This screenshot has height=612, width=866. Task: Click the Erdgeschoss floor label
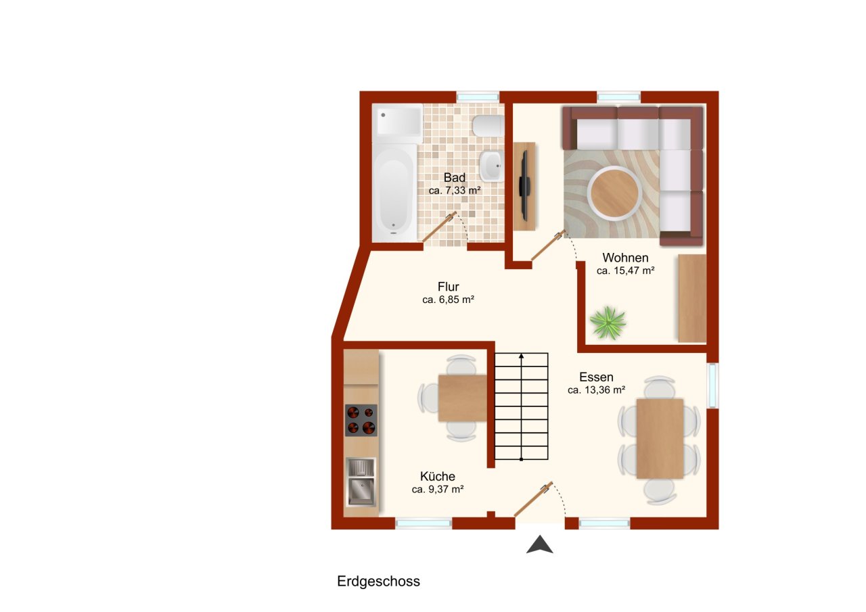pyautogui.click(x=378, y=582)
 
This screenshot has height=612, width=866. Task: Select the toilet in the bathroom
pyautogui.click(x=488, y=125)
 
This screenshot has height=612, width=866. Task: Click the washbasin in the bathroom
pyautogui.click(x=491, y=165)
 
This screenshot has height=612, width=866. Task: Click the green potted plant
pyautogui.click(x=608, y=322)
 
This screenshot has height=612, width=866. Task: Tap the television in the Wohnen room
pyautogui.click(x=524, y=185)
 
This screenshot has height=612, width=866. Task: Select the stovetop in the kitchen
pyautogui.click(x=361, y=420)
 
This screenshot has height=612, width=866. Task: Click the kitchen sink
pyautogui.click(x=361, y=481)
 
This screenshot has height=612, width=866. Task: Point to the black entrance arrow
pyautogui.click(x=540, y=544)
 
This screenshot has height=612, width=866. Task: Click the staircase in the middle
pyautogui.click(x=520, y=406)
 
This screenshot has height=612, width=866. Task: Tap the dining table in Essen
pyautogui.click(x=660, y=438)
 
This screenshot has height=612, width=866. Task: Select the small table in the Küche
pyautogui.click(x=462, y=398)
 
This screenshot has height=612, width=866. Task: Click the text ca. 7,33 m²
pyautogui.click(x=455, y=191)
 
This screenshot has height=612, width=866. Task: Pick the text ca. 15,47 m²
pyautogui.click(x=625, y=270)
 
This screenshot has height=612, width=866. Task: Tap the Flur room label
pyautogui.click(x=448, y=287)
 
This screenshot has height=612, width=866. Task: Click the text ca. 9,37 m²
pyautogui.click(x=437, y=489)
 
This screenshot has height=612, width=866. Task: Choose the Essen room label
pyautogui.click(x=596, y=377)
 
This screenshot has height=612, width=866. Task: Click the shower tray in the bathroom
pyautogui.click(x=399, y=122)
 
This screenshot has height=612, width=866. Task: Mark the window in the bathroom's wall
pyautogui.click(x=478, y=97)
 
